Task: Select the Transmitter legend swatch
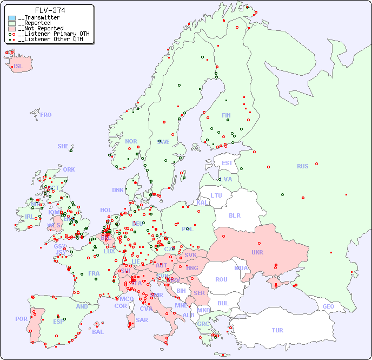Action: (12, 18)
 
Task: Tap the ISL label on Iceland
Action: (18, 67)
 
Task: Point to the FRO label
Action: (46, 115)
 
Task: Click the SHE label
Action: (63, 146)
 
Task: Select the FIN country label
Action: (226, 115)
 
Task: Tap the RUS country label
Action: (302, 166)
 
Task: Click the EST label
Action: (227, 163)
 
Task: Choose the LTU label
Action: (216, 195)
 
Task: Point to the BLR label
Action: (234, 215)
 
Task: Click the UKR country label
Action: (257, 252)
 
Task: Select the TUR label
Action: (277, 330)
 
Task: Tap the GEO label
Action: (328, 306)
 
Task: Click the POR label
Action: (21, 319)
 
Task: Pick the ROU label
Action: (221, 279)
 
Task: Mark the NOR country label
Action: (131, 141)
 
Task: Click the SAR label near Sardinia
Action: (142, 320)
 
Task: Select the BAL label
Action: (98, 332)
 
